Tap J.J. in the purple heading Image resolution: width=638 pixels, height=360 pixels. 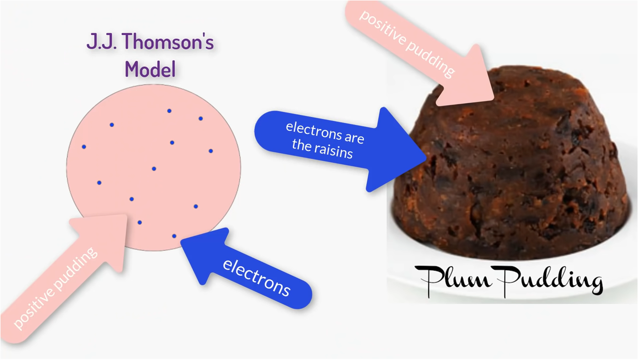[102, 43]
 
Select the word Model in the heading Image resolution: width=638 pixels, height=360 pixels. [150, 69]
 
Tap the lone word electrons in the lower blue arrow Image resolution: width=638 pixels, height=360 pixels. [256, 277]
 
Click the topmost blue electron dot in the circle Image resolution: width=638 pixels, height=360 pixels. [169, 111]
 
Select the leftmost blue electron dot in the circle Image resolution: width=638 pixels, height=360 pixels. [84, 147]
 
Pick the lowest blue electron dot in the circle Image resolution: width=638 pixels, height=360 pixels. [174, 236]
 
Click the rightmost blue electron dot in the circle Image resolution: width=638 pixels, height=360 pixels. [211, 151]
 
